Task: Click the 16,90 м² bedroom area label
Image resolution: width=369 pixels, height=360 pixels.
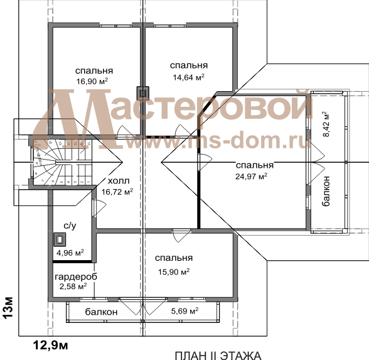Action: [92, 81]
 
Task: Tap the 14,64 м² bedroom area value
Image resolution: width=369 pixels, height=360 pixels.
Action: [189, 77]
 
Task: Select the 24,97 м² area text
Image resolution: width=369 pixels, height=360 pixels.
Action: [251, 176]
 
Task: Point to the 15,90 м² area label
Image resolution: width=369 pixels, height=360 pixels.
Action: [174, 272]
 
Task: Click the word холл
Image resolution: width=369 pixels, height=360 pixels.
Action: [119, 181]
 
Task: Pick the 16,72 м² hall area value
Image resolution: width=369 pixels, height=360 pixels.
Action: [117, 192]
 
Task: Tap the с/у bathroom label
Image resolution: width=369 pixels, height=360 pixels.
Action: [70, 226]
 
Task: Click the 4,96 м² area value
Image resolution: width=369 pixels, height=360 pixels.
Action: [70, 253]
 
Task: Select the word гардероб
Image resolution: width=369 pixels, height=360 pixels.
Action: [76, 277]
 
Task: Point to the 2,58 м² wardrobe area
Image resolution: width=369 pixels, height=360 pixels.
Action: [73, 286]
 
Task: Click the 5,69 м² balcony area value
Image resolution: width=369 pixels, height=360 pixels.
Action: [184, 311]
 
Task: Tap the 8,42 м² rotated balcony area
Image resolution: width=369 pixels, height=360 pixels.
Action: [326, 124]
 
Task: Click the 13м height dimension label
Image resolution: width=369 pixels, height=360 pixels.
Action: [9, 308]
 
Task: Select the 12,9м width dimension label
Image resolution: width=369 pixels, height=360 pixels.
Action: [50, 346]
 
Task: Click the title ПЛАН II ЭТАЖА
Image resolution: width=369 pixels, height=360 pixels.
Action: [218, 356]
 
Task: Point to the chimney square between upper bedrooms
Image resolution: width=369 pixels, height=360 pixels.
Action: [143, 93]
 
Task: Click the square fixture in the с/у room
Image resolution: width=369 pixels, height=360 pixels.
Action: [59, 239]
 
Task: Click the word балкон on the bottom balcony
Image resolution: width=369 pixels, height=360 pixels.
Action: [101, 312]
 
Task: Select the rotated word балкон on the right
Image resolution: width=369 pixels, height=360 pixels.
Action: [326, 191]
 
